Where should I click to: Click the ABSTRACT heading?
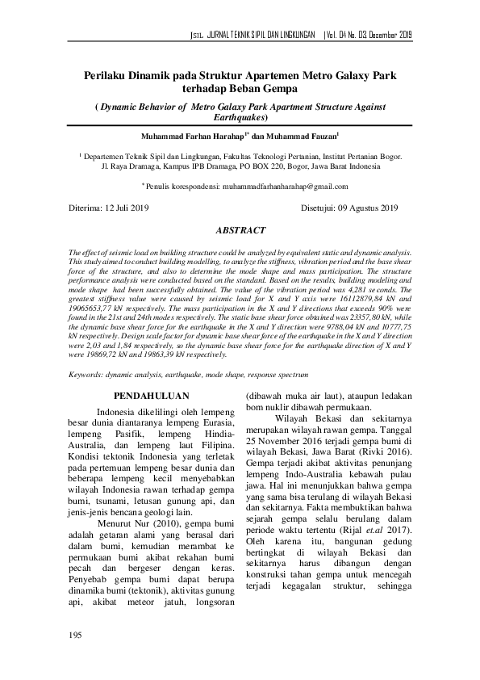[x=240, y=229]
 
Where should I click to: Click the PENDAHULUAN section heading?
[x=152, y=396]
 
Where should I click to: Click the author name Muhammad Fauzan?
[x=304, y=136]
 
